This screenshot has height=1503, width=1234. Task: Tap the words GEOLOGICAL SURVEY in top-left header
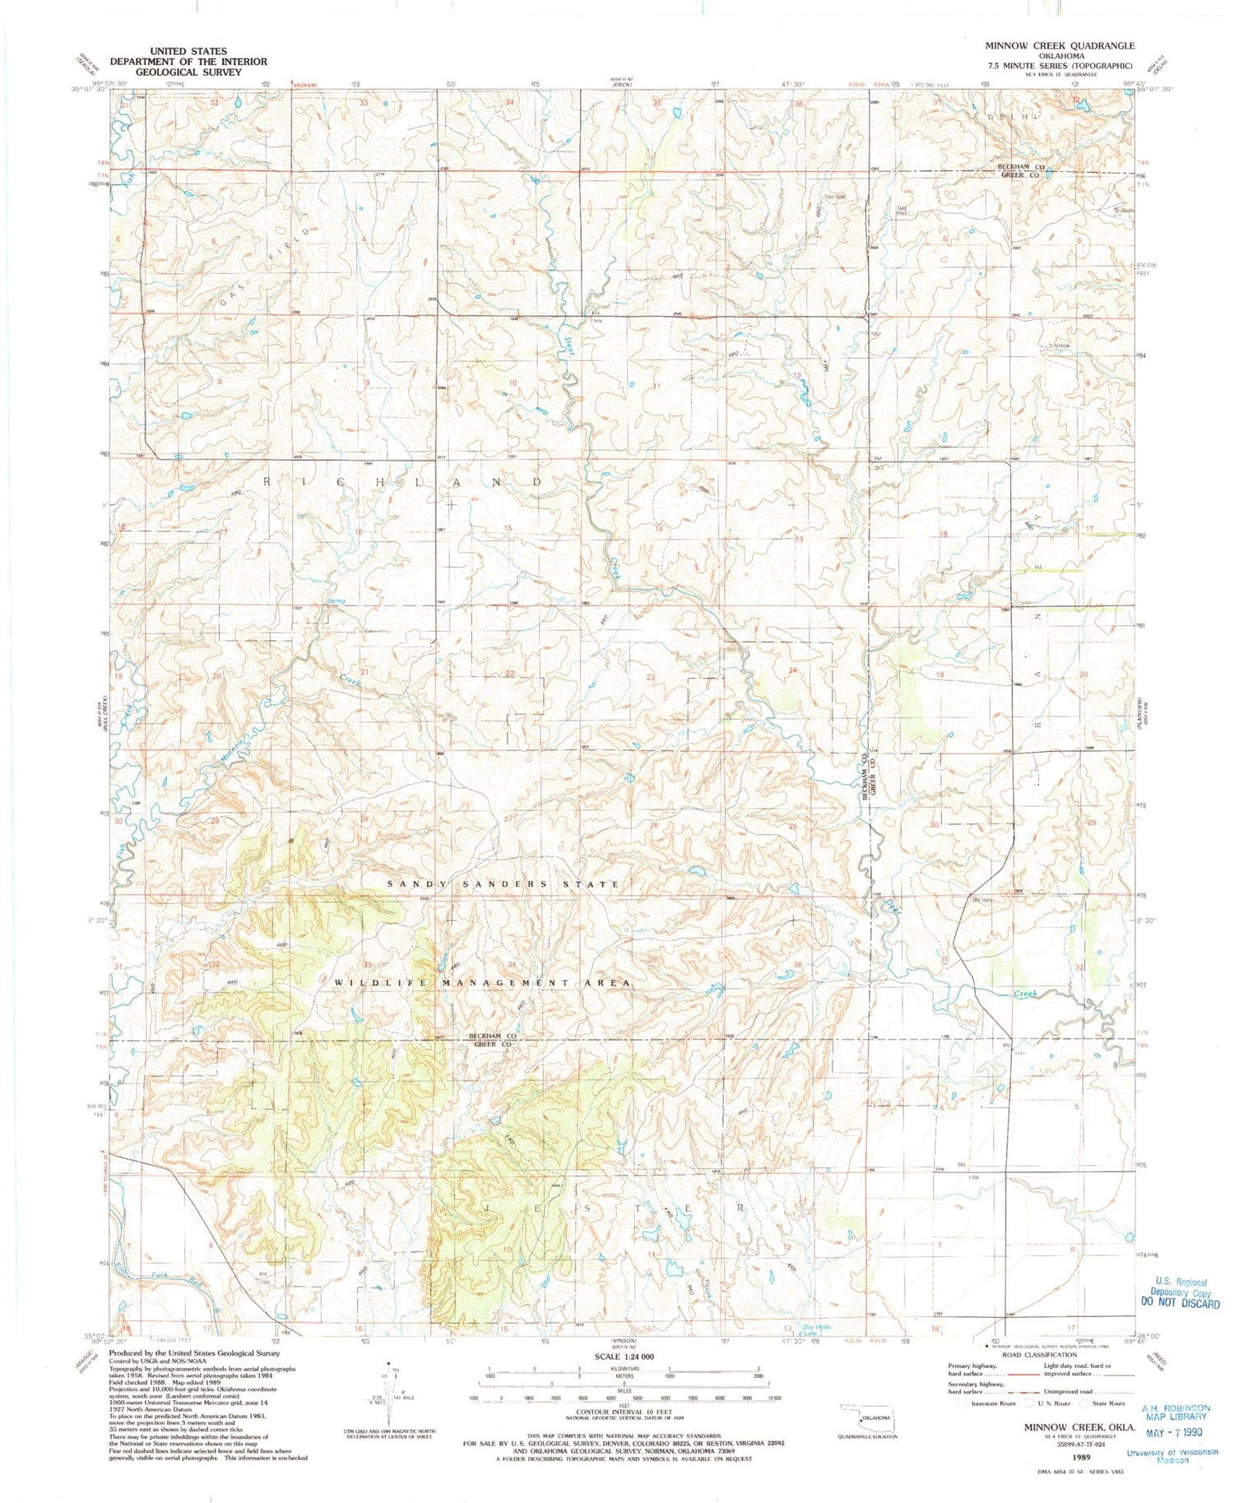[188, 72]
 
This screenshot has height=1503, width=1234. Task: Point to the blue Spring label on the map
[336, 601]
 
